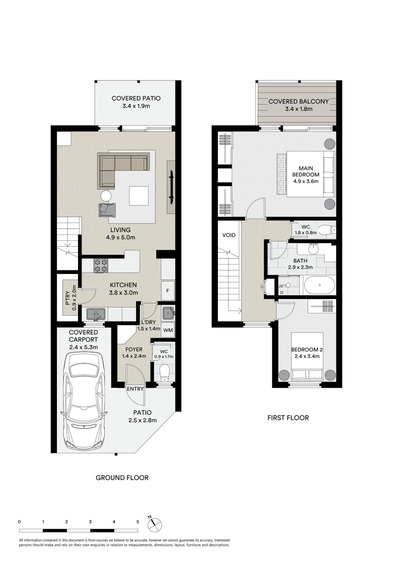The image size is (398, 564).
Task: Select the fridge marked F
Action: pyautogui.click(x=168, y=290)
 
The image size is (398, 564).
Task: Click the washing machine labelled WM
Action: pyautogui.click(x=168, y=330)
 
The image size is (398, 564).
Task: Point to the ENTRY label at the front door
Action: pyautogui.click(x=135, y=389)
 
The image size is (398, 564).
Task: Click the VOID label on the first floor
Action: pyautogui.click(x=229, y=235)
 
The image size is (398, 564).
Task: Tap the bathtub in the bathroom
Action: pyautogui.click(x=319, y=285)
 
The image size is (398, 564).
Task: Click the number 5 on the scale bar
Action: pyautogui.click(x=138, y=522)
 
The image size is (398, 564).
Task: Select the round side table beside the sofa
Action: pyautogui.click(x=106, y=196)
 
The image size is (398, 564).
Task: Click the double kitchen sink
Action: pyautogui.click(x=96, y=314)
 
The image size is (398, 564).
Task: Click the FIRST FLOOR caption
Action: pyautogui.click(x=288, y=418)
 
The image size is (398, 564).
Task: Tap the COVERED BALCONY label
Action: pyautogui.click(x=299, y=102)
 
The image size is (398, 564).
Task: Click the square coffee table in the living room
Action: pyautogui.click(x=139, y=196)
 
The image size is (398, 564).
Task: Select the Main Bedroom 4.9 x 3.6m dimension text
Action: pyautogui.click(x=306, y=181)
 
